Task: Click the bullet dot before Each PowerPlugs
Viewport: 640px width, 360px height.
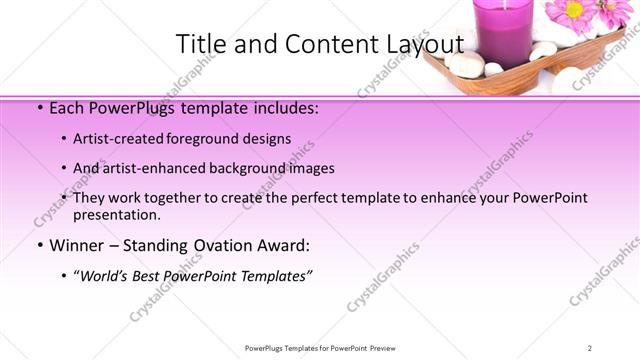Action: tap(38, 108)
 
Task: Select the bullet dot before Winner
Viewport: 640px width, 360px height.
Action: tap(38, 245)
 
